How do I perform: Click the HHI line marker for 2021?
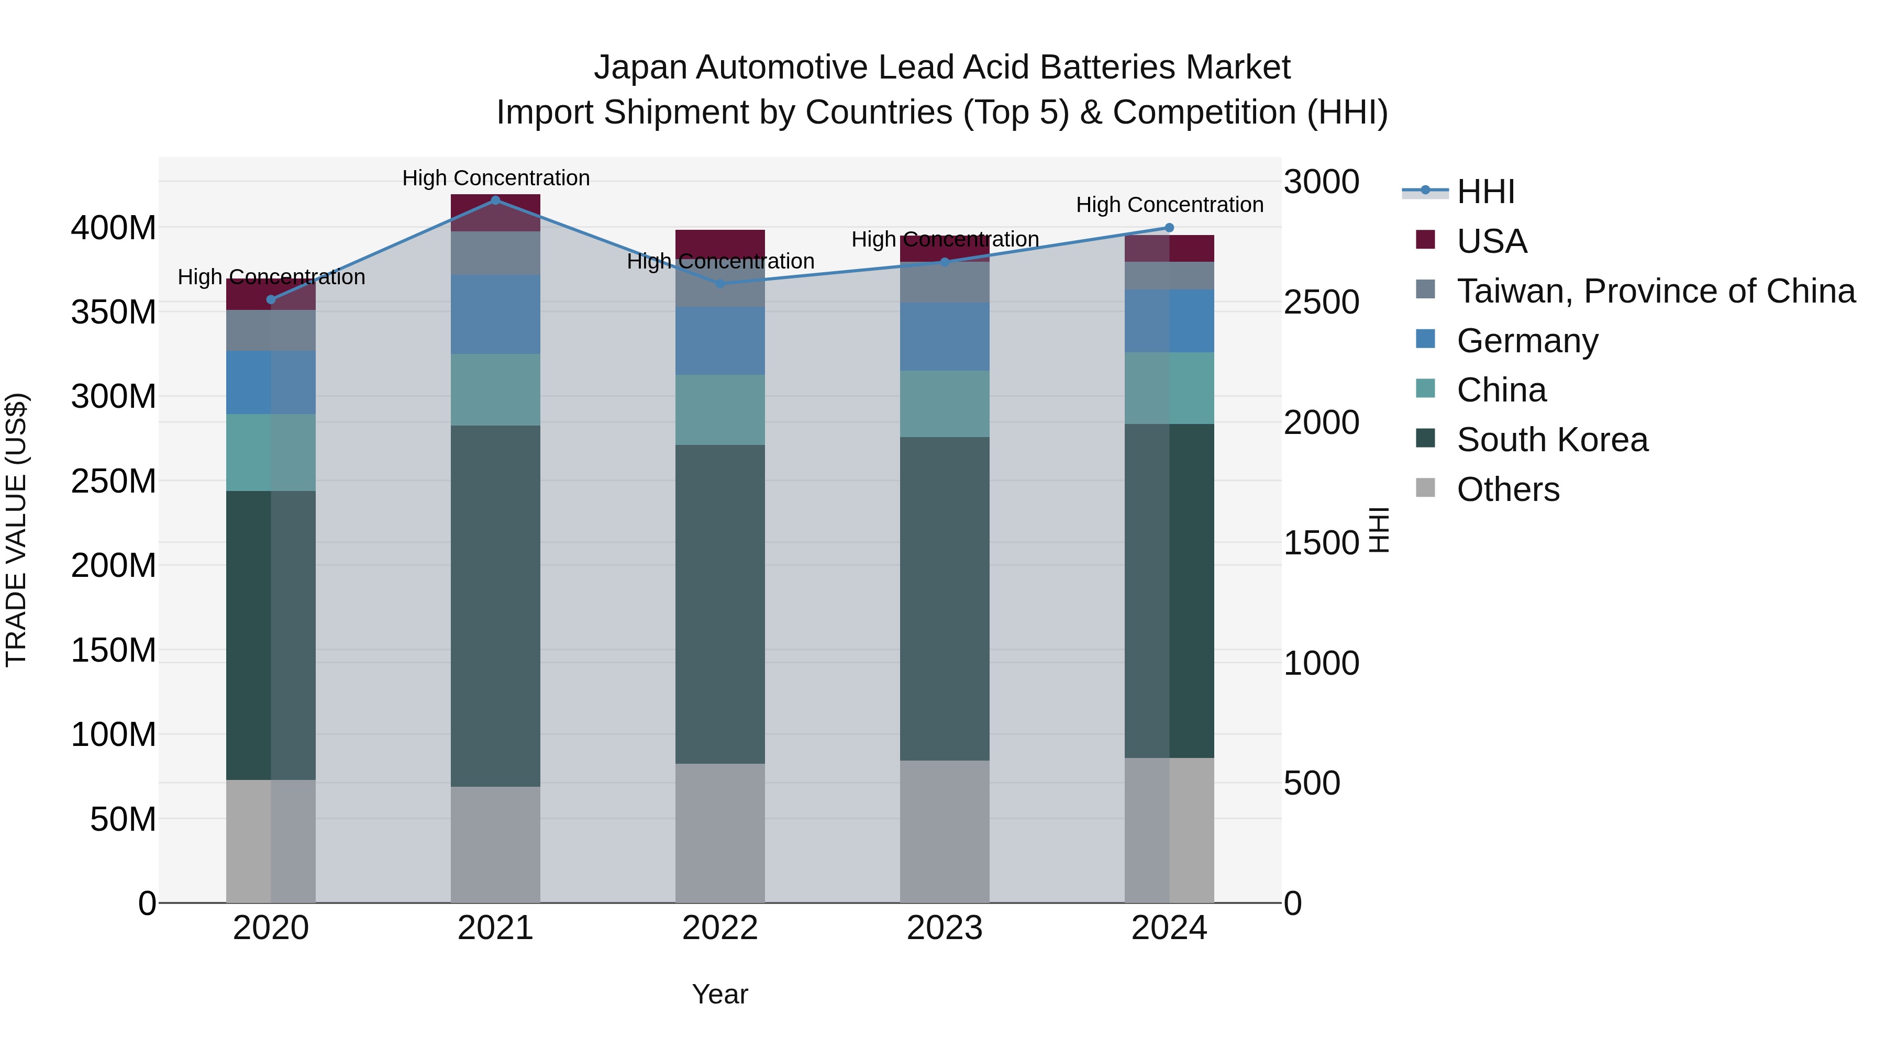[495, 200]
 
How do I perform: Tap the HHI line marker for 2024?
[1169, 228]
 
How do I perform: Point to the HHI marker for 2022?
[720, 284]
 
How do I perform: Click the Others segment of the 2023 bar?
[944, 831]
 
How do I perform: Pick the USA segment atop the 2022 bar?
[720, 241]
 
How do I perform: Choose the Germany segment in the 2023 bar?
[944, 337]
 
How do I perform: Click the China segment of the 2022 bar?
[720, 410]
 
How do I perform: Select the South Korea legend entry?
[1551, 440]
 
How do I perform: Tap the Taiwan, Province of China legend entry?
[1655, 291]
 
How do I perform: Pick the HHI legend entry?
[1485, 192]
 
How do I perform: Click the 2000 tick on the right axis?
[1322, 423]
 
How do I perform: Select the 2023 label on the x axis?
[944, 928]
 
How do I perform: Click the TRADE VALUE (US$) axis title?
[16, 530]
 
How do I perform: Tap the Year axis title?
[720, 994]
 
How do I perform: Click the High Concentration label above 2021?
[495, 178]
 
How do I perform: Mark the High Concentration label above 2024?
[1169, 205]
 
